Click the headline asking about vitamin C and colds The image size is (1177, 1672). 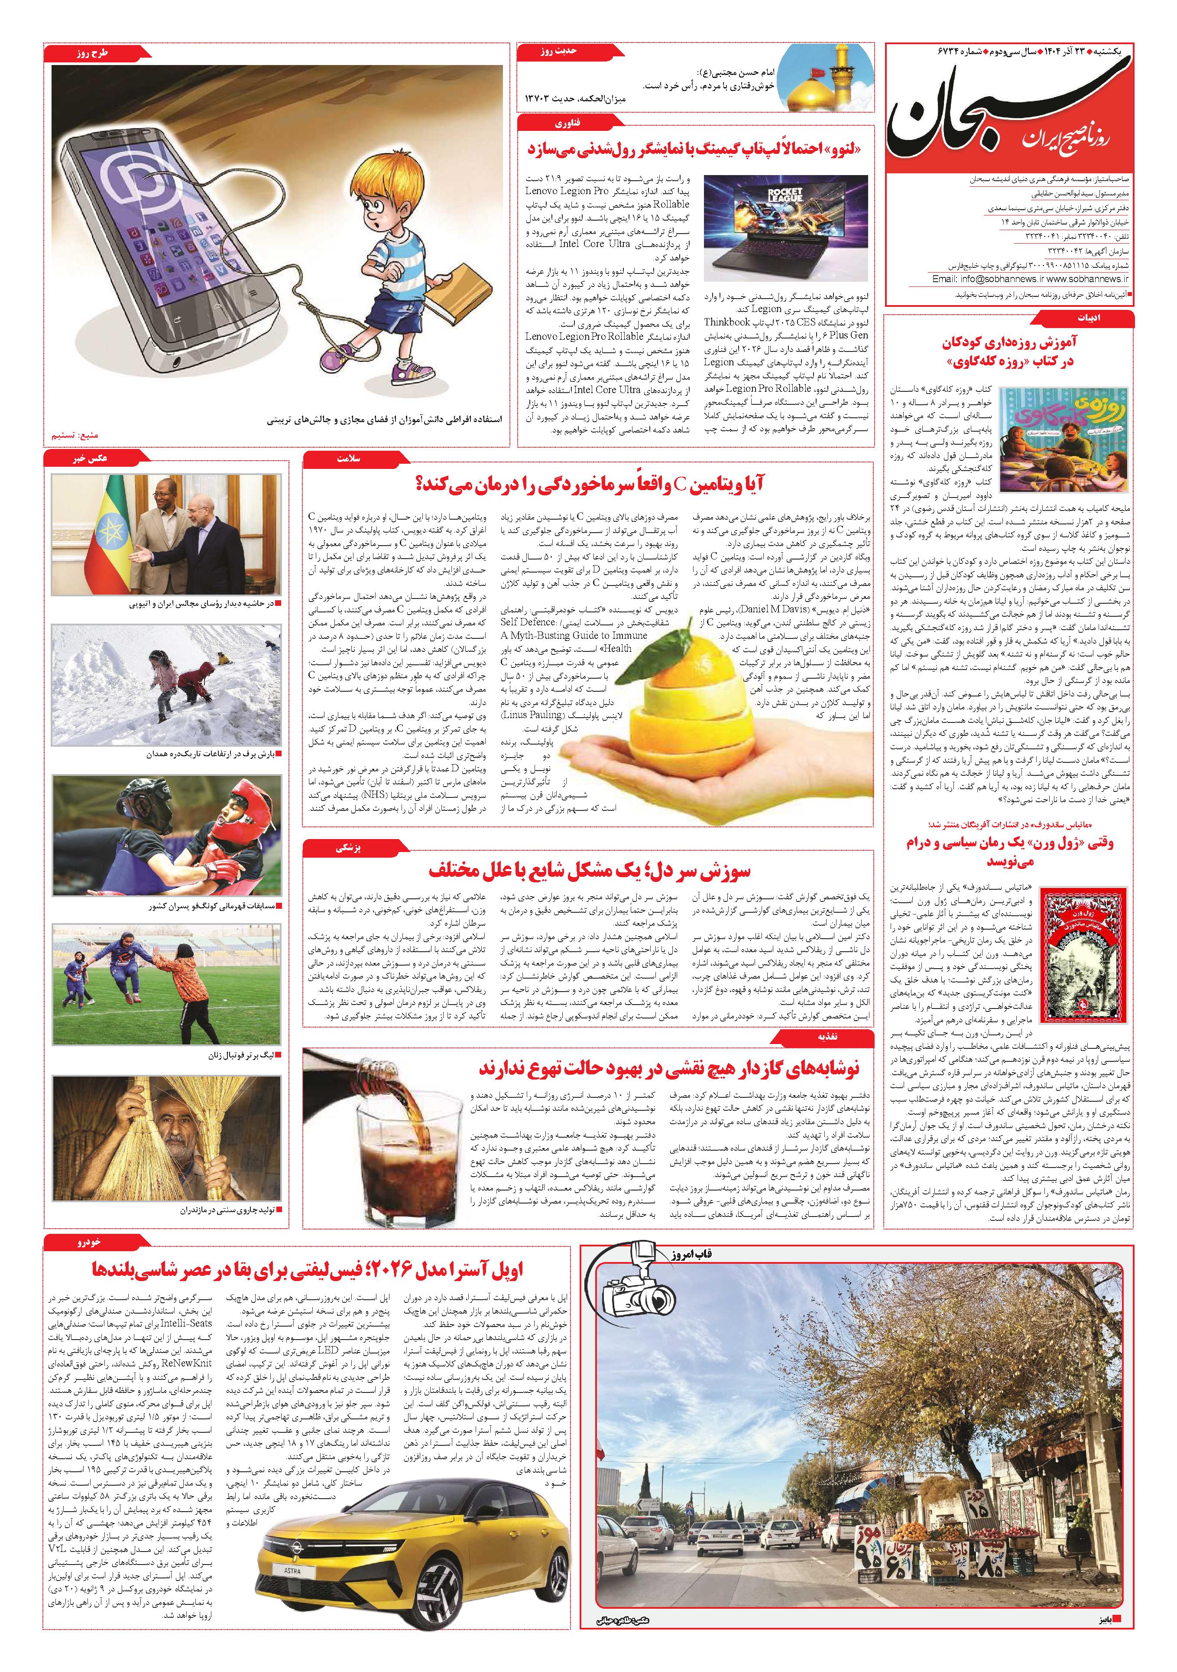pyautogui.click(x=590, y=484)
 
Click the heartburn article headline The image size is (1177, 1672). pyautogui.click(x=590, y=871)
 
